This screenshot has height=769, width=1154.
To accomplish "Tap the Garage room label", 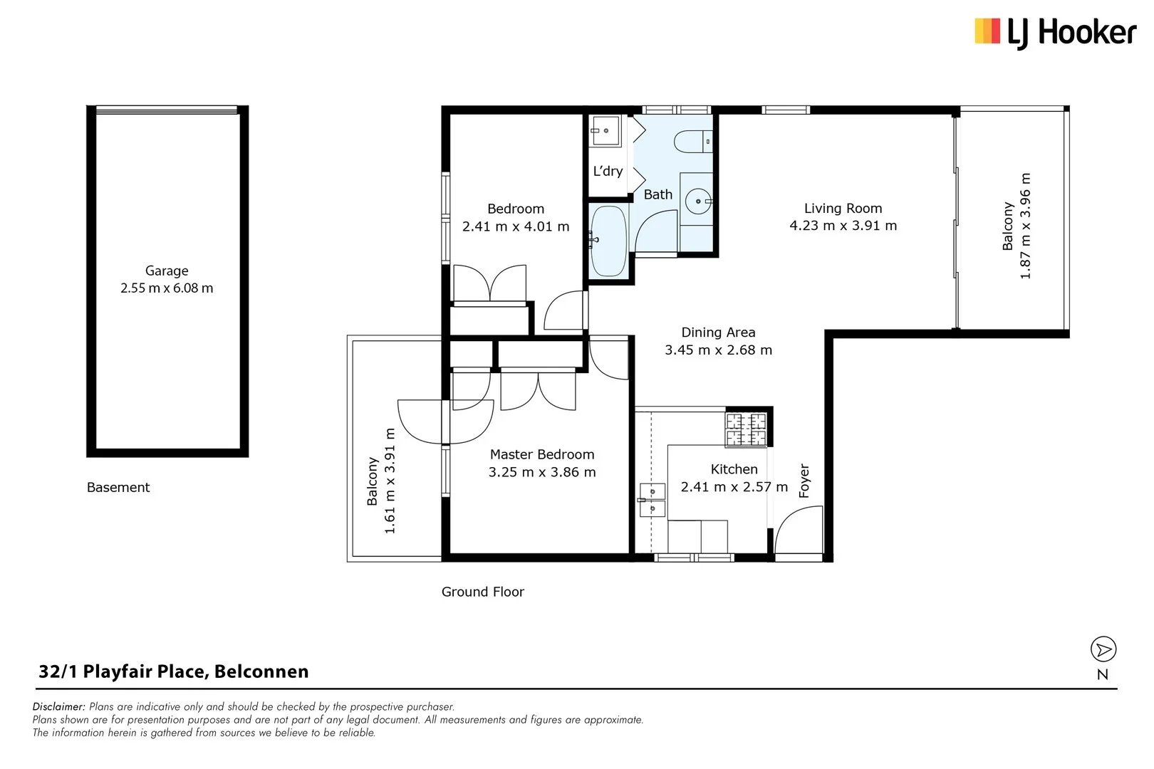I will pyautogui.click(x=167, y=271).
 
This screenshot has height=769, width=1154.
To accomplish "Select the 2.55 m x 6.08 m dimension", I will pyautogui.click(x=167, y=288).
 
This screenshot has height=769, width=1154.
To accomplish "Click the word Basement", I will pyautogui.click(x=118, y=488).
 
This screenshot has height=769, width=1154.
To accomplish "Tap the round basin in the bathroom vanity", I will pyautogui.click(x=696, y=201).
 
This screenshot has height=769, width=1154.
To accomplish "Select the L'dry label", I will pyautogui.click(x=608, y=171).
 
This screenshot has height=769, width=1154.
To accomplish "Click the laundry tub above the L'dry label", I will pyautogui.click(x=605, y=131).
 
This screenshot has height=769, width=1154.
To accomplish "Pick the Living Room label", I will pyautogui.click(x=843, y=209).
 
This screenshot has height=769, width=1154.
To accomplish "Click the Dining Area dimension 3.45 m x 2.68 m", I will pyautogui.click(x=718, y=350).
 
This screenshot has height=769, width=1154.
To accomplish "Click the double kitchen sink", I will pyautogui.click(x=652, y=500).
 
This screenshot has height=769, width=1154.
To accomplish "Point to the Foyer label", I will pyautogui.click(x=804, y=481).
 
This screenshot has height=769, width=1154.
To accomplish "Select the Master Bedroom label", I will pyautogui.click(x=541, y=454).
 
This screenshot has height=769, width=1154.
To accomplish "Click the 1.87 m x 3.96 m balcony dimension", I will pyautogui.click(x=1026, y=226).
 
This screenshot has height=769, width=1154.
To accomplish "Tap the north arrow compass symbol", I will pyautogui.click(x=1103, y=649).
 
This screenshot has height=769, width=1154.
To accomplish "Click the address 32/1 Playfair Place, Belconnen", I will pyautogui.click(x=174, y=671).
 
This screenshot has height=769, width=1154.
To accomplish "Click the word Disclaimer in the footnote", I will pyautogui.click(x=58, y=707).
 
